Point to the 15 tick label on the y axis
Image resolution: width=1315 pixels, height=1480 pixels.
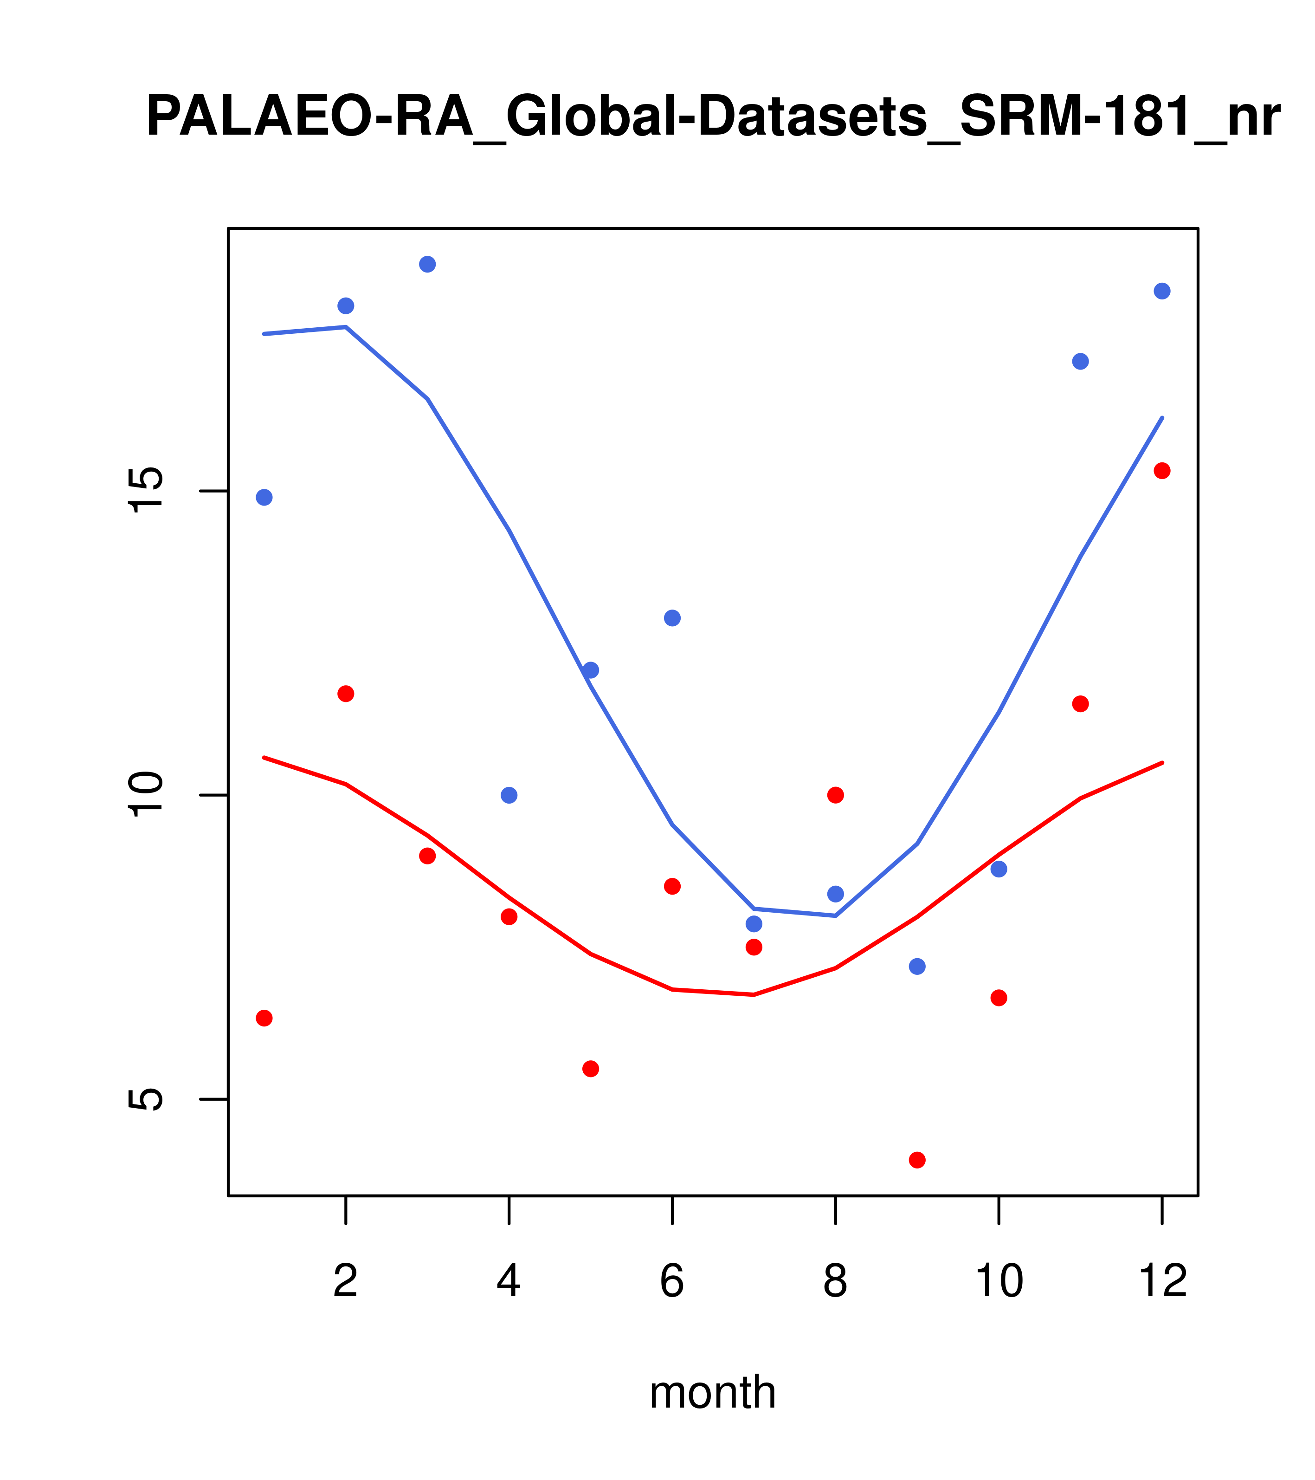(146, 491)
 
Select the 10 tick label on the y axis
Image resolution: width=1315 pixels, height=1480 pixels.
(146, 795)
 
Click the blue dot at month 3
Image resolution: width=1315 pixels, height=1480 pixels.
(428, 264)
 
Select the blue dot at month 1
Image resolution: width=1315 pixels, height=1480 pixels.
(264, 498)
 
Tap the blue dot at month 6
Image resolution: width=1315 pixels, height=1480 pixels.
(672, 617)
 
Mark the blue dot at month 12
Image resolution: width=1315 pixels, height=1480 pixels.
(1162, 291)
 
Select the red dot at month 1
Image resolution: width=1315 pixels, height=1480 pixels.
(264, 1018)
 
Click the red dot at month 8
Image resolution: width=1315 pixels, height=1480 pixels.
(836, 795)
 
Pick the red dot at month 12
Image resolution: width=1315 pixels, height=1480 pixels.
(1162, 471)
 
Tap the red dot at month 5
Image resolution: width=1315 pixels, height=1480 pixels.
(591, 1069)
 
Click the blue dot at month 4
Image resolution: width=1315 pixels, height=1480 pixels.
(509, 795)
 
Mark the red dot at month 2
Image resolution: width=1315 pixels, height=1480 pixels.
(346, 694)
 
